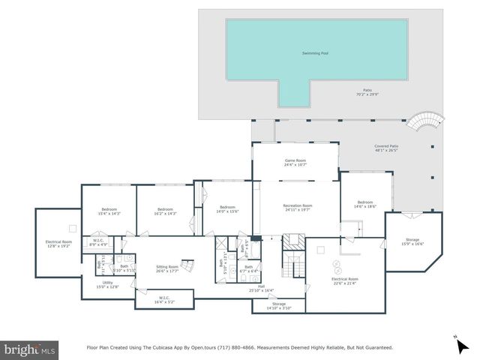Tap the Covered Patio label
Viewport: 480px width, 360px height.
386,148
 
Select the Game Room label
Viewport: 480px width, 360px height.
295,163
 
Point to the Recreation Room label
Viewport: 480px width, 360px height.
297,207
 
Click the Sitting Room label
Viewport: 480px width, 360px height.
167,268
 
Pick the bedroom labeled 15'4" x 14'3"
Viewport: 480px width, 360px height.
109,211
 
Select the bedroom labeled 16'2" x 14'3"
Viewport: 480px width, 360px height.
165,211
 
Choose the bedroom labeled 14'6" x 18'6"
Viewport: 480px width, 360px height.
365,205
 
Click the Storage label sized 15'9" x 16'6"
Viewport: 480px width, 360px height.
412,241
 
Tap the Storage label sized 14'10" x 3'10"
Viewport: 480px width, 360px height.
278,305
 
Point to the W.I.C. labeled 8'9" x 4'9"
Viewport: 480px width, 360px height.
99,242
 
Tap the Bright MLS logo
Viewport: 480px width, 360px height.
29,349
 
